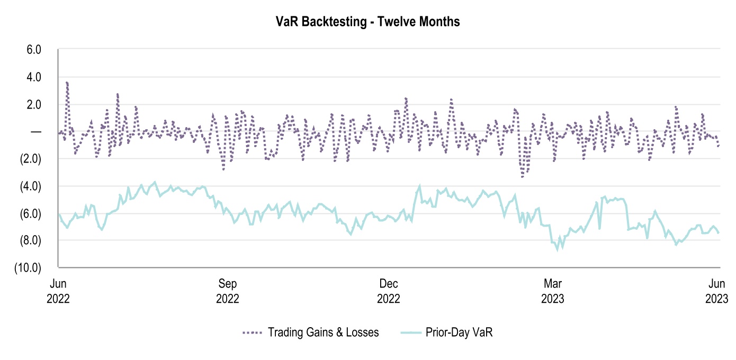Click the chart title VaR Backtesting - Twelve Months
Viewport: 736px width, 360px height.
pyautogui.click(x=367, y=22)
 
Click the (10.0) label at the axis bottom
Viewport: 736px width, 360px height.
pyautogui.click(x=29, y=268)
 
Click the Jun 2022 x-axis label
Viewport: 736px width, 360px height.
pyautogui.click(x=58, y=291)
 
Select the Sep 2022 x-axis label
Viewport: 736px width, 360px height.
pyautogui.click(x=228, y=291)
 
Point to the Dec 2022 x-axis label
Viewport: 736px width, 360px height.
pyautogui.click(x=389, y=291)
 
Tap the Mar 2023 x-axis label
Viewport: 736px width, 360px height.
pyautogui.click(x=552, y=291)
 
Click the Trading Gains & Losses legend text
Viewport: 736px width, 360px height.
pyautogui.click(x=323, y=333)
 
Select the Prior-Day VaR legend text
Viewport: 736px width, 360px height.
pyautogui.click(x=459, y=333)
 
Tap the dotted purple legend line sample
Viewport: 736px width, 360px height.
pyautogui.click(x=253, y=333)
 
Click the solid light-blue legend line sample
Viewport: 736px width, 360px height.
pyautogui.click(x=408, y=333)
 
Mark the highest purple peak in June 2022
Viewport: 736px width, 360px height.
pyautogui.click(x=67, y=82)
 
